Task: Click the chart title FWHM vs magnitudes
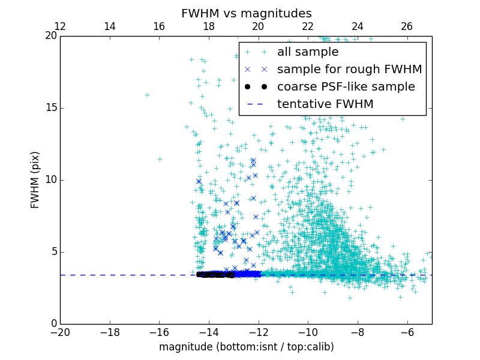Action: (x=246, y=13)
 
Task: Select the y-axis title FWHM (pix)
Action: (x=35, y=179)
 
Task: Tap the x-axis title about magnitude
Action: (x=246, y=347)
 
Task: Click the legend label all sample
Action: (x=308, y=52)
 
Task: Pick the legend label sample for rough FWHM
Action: (x=350, y=70)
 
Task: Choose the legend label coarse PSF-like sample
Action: (x=346, y=87)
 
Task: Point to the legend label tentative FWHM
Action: (x=325, y=104)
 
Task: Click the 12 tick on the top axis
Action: (x=60, y=26)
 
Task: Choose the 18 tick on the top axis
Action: (x=209, y=26)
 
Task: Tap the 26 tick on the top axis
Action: (x=407, y=26)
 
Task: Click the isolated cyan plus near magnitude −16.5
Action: (x=147, y=95)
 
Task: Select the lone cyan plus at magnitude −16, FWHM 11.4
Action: (x=160, y=159)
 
